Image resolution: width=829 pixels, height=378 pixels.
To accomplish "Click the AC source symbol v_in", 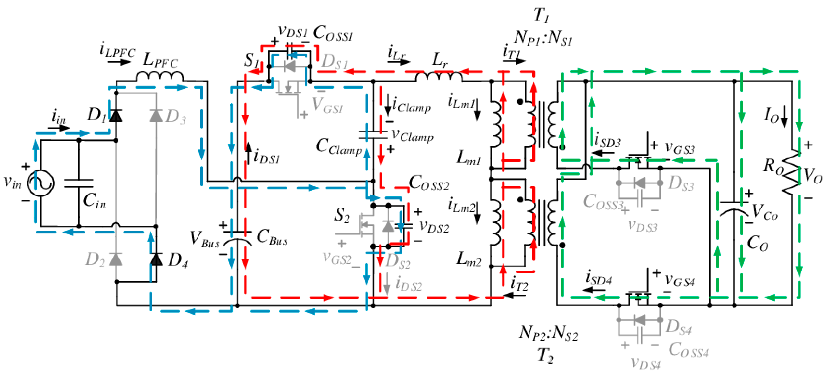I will click(x=40, y=183).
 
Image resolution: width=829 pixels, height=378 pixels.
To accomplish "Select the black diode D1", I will click(x=116, y=115).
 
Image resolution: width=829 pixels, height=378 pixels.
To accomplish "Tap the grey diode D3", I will click(x=156, y=115).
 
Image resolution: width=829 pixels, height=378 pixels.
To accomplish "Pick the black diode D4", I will click(x=156, y=259).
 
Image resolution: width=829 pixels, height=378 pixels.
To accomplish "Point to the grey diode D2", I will click(x=116, y=259).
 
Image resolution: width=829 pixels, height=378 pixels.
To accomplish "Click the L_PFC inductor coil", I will click(x=159, y=77).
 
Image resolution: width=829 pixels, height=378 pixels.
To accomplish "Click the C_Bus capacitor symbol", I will click(x=238, y=236).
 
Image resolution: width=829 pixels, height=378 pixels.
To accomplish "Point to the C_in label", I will click(x=94, y=200).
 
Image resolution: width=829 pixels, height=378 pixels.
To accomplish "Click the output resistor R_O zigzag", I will click(x=791, y=172).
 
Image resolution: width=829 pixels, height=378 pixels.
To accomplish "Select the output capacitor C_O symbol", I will click(x=734, y=208).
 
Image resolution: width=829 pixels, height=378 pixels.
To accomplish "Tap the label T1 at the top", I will click(x=541, y=15).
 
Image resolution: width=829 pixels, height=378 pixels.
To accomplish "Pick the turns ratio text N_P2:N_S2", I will click(x=548, y=333).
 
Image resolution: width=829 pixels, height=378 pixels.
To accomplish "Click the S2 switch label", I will click(x=342, y=215).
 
